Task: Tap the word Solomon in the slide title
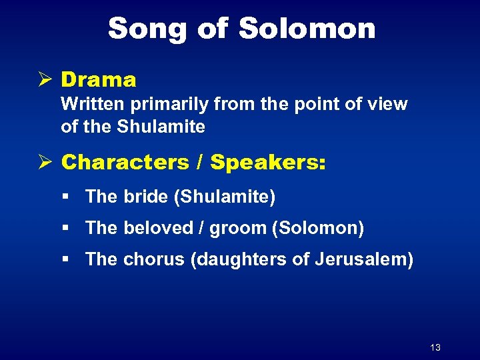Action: [307, 29]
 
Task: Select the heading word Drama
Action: [99, 80]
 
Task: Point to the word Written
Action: [88, 105]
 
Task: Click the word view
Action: [389, 105]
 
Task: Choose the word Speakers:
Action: [269, 162]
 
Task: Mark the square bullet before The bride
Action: [65, 197]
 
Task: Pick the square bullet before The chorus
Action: [65, 259]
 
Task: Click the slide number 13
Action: [436, 347]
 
